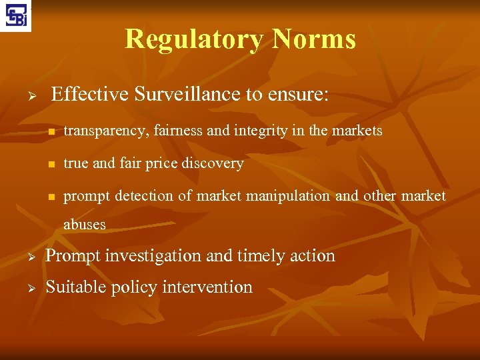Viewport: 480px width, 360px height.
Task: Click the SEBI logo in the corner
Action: point(16,16)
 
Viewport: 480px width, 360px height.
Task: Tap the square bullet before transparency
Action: point(49,132)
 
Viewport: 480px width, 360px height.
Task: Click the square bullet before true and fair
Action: point(49,164)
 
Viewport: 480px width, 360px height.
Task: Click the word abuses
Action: point(85,225)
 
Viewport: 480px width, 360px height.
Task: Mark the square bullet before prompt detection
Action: point(49,197)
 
